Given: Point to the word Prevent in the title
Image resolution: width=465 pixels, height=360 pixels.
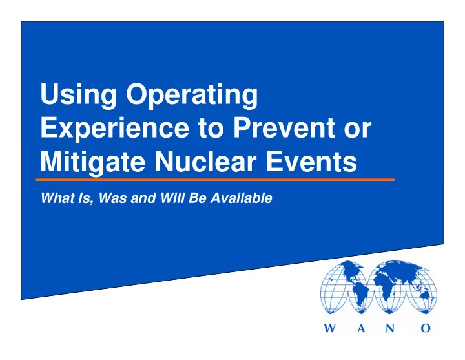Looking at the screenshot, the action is [x=284, y=127].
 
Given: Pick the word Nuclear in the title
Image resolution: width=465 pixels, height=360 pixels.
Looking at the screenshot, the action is [x=205, y=162].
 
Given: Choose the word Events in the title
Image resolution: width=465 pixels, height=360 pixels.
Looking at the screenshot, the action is [x=311, y=162].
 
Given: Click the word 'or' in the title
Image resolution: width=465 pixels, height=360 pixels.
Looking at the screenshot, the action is [x=358, y=131].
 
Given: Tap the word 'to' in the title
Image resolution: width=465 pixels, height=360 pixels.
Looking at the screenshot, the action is [x=211, y=129].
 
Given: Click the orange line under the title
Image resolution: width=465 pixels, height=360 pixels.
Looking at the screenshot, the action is [x=214, y=180].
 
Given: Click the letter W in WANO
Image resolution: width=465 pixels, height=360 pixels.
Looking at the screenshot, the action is [x=331, y=328].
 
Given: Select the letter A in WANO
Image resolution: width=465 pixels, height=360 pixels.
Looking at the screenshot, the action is [x=361, y=328].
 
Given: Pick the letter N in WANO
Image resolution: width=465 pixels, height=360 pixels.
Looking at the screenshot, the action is [x=390, y=328].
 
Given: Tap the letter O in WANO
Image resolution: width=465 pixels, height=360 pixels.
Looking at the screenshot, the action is [x=425, y=328].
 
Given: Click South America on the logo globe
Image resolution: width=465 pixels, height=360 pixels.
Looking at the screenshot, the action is [x=360, y=294].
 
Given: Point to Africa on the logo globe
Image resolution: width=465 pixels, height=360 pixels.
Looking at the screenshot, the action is [x=385, y=287].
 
